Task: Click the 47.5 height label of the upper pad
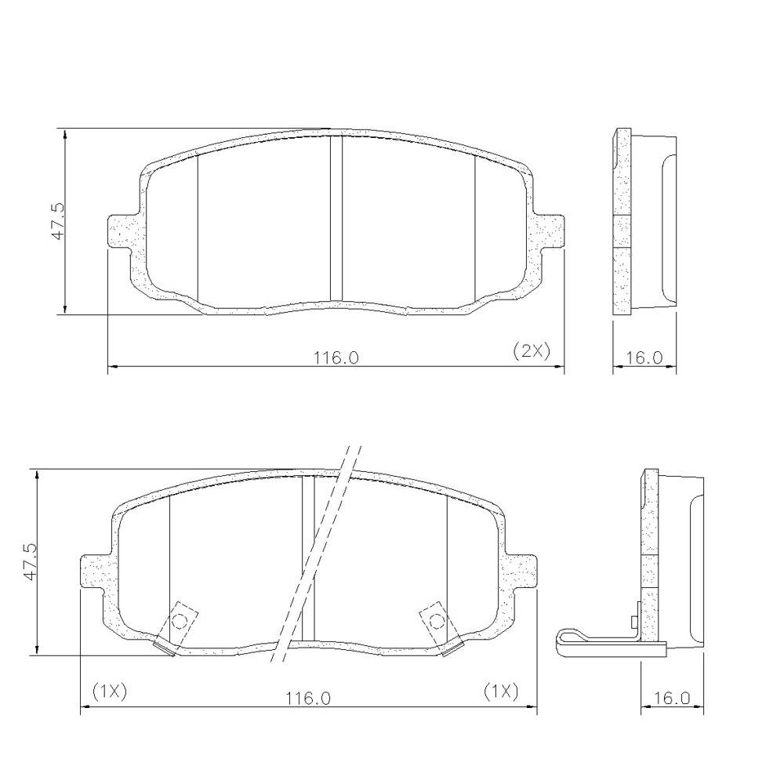pyautogui.click(x=59, y=222)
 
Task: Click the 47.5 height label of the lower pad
pyautogui.click(x=31, y=562)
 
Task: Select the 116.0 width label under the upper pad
pyautogui.click(x=336, y=358)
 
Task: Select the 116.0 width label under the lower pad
pyautogui.click(x=308, y=698)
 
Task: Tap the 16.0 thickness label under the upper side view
pyautogui.click(x=644, y=358)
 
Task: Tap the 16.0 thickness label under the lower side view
pyautogui.click(x=673, y=698)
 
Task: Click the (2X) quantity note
pyautogui.click(x=532, y=351)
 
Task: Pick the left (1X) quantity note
pyautogui.click(x=110, y=691)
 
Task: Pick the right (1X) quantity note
pyautogui.click(x=501, y=691)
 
